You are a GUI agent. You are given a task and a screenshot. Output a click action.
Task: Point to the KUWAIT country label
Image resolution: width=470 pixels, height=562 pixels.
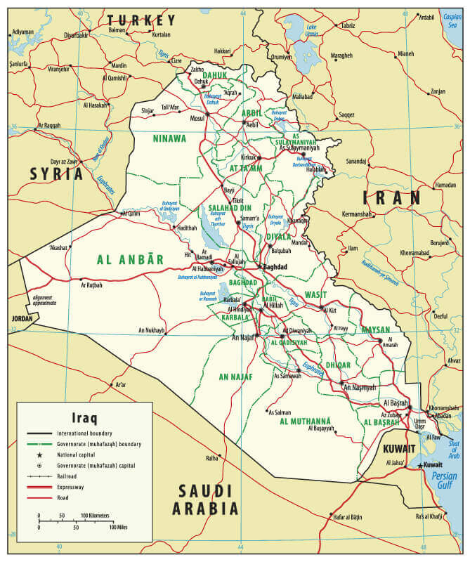click(x=398, y=448)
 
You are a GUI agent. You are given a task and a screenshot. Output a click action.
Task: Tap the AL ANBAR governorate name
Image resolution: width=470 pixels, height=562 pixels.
click(x=131, y=259)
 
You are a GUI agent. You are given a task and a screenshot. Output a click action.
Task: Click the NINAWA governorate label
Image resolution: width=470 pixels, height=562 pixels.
click(x=169, y=138)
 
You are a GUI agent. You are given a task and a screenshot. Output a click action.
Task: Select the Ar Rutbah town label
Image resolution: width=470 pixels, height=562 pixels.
click(x=91, y=285)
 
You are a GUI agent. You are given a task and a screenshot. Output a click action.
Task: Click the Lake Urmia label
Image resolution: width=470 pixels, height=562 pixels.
click(x=312, y=30)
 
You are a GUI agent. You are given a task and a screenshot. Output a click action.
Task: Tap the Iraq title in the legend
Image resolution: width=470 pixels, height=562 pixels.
click(x=85, y=415)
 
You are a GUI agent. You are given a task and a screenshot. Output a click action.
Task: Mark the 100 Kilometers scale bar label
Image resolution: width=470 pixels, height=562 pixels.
click(x=96, y=516)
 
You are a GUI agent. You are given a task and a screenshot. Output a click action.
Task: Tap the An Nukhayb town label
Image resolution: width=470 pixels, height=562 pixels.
click(x=151, y=329)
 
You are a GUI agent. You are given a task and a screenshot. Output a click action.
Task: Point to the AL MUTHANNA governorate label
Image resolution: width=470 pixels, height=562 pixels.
click(x=306, y=421)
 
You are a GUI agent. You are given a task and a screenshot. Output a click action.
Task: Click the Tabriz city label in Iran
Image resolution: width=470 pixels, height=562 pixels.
click(x=348, y=25)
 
